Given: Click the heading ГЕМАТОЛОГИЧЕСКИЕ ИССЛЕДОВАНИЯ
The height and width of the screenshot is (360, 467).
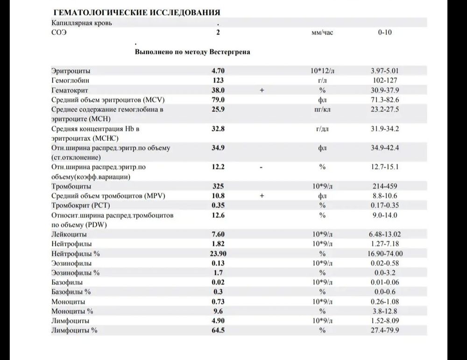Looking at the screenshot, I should (x=137, y=12).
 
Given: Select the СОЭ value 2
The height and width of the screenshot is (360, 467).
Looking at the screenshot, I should (x=218, y=33).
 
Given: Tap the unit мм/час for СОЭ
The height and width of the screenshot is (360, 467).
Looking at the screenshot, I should (x=322, y=33).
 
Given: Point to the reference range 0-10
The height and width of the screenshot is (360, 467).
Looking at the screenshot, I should (x=385, y=33).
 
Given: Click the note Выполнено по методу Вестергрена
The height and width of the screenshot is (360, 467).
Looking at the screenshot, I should (x=192, y=52).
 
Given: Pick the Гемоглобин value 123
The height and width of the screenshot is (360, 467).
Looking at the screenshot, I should (x=218, y=80).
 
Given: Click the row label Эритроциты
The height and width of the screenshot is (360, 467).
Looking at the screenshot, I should (x=71, y=71).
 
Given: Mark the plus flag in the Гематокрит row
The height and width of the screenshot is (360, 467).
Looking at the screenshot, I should (x=262, y=90).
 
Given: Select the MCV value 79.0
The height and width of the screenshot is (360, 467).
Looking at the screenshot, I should (x=218, y=100).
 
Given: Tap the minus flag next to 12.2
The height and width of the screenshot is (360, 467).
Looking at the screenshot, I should (x=262, y=167).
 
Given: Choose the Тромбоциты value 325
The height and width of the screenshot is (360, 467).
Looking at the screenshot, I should (x=218, y=186).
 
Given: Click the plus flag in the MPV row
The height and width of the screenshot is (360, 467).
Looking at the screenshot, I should (x=262, y=196).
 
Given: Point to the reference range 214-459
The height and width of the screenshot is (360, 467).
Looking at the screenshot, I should (x=385, y=186).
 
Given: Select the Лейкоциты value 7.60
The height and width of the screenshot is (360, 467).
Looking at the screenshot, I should (x=218, y=234).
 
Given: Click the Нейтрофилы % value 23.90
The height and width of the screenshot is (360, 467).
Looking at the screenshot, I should (x=218, y=254).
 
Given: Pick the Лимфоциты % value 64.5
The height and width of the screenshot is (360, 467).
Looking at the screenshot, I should (x=218, y=331).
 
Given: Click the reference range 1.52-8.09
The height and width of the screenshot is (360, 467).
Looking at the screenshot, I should (x=385, y=321).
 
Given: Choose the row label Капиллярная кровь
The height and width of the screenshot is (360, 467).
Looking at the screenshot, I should (x=82, y=22).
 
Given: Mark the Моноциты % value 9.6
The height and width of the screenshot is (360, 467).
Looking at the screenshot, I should (x=218, y=311).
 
